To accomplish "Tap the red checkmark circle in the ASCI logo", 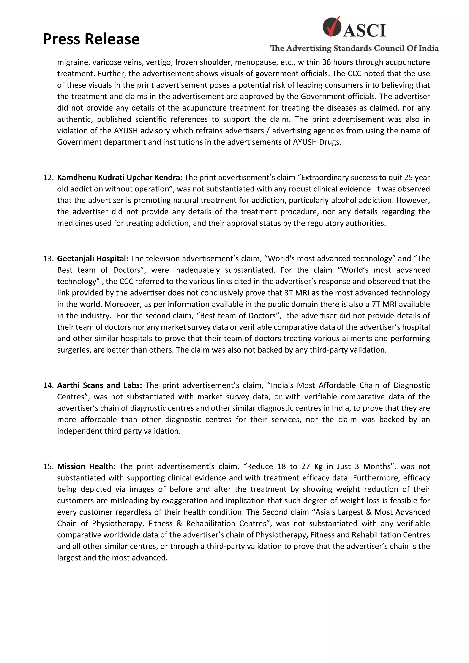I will pos(331,27).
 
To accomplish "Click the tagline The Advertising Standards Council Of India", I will pos(354,48).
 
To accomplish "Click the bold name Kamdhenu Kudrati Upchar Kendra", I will pos(120,178).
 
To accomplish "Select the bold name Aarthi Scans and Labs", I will pos(99,385).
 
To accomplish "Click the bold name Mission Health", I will pos(86,467).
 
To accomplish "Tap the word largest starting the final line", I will pos(69,558).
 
